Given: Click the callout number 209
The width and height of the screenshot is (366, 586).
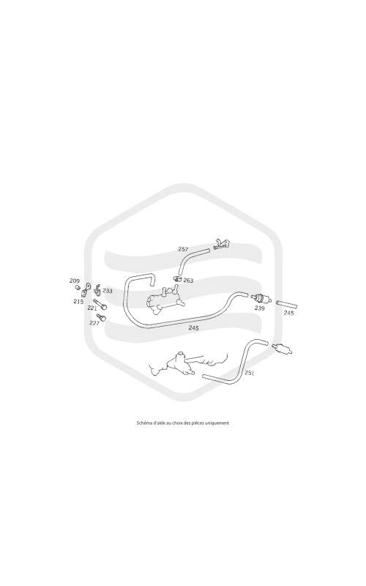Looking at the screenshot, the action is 75,281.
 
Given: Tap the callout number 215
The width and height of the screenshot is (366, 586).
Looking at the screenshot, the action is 78,302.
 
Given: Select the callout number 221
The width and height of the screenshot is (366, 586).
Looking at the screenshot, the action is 92,308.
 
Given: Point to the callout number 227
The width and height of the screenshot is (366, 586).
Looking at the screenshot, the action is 94,323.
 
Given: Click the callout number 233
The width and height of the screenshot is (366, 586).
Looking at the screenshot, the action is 108,291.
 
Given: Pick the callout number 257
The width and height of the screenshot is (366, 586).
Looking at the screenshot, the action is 183,249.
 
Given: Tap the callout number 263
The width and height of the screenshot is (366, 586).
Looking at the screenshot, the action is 188,281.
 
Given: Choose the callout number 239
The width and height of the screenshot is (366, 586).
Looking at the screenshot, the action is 260,308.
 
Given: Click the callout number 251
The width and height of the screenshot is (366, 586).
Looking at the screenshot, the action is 250,373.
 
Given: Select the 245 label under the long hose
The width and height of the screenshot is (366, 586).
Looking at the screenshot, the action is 193,328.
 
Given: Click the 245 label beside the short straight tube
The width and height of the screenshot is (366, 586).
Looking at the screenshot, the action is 288,314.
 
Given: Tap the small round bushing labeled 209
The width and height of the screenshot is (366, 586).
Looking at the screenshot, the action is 78,287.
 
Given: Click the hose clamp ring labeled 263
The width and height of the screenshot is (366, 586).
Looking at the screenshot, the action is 177,278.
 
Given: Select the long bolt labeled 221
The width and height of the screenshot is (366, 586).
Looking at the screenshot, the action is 100,304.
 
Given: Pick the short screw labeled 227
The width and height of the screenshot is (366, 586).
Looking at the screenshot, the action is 102,318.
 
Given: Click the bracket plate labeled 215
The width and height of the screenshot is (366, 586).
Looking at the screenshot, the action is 86,288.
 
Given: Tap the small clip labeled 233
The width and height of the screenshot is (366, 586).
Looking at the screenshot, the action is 98,290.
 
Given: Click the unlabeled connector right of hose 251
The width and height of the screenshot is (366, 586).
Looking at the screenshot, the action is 283,349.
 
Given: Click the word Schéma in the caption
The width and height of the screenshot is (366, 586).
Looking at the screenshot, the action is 143,423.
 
